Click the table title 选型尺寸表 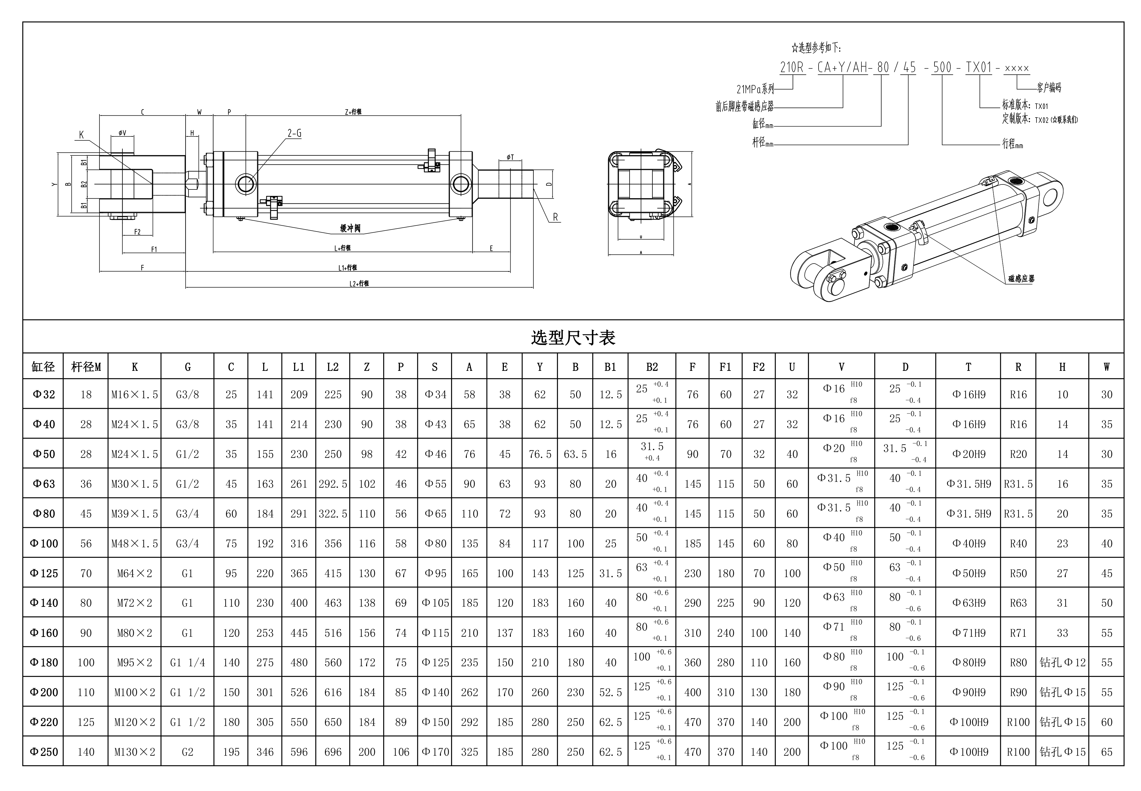(573, 337)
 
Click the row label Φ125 (44, 573)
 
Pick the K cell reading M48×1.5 (134, 544)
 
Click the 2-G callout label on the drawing (294, 133)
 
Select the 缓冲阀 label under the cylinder (350, 228)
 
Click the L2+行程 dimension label (359, 283)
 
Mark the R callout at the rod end (556, 217)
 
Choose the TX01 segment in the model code (979, 67)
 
